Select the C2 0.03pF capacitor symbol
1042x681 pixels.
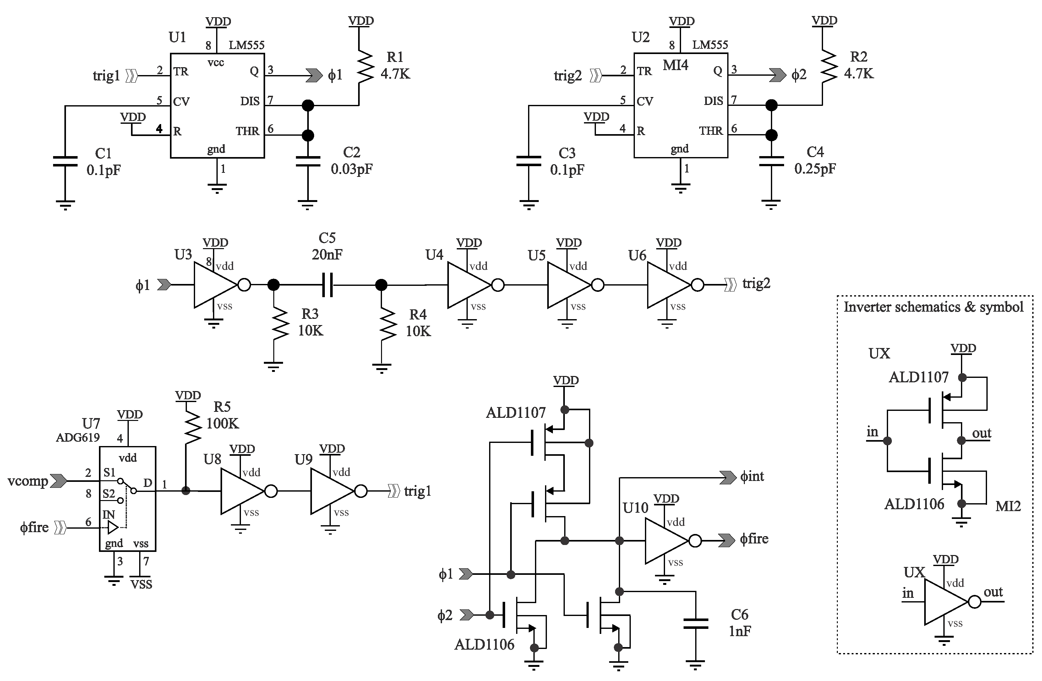click(x=308, y=161)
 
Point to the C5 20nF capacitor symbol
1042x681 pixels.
click(x=327, y=285)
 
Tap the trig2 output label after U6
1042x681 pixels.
click(x=756, y=284)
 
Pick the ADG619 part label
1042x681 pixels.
click(x=78, y=437)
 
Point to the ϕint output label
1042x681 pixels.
click(x=752, y=476)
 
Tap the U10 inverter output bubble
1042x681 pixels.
click(x=695, y=541)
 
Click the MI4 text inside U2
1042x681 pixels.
click(x=675, y=65)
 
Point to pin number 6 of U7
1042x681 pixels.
click(x=89, y=522)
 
